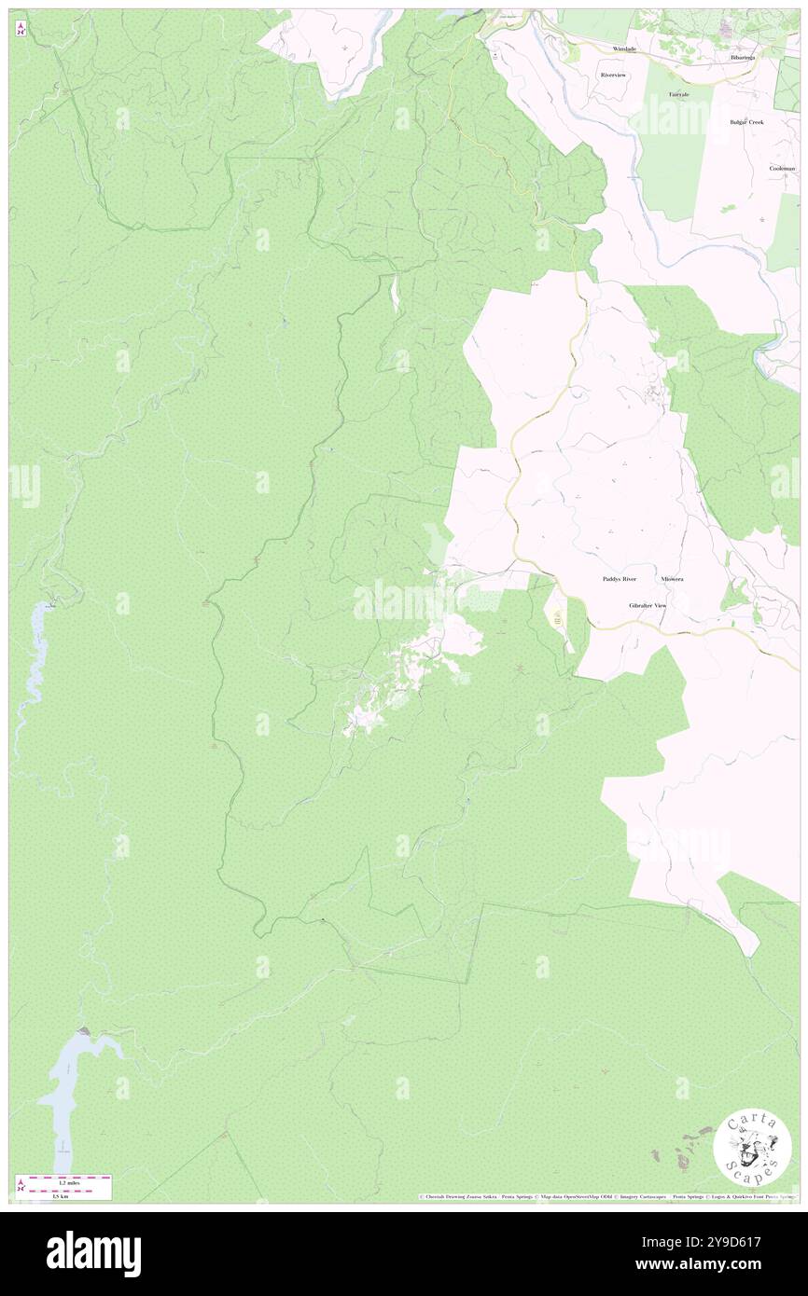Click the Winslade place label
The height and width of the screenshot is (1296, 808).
coord(624,48)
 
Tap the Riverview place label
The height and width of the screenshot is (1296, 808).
coord(614,75)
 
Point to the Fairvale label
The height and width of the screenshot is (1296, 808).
coord(678,95)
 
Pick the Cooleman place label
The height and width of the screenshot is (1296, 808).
coord(782,168)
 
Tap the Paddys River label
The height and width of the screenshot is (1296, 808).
coord(619,579)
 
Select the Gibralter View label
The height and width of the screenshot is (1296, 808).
coord(648,606)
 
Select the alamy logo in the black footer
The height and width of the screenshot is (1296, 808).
coord(93,1253)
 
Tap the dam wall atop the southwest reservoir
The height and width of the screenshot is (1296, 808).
coord(85,1031)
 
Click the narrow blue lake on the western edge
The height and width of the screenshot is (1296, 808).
coord(35,653)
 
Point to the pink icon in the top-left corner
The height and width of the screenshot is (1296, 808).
coord(21,29)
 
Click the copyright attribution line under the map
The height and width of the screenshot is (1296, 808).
coord(606,1197)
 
